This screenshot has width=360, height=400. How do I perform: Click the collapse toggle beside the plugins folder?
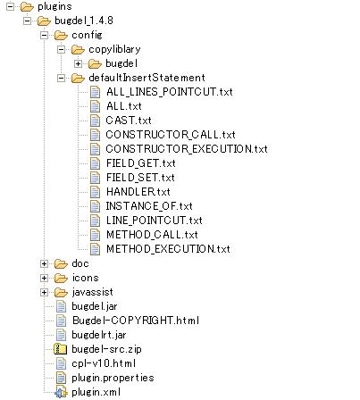[x=10, y=6]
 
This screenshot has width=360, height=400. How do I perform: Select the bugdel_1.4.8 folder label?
[x=84, y=21]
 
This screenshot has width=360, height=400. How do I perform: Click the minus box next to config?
[x=44, y=35]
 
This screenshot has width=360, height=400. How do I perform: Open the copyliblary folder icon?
[x=78, y=49]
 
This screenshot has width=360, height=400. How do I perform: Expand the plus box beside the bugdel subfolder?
[x=78, y=63]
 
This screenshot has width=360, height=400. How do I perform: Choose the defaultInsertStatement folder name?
[x=147, y=78]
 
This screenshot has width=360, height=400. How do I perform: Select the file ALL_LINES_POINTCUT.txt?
[x=170, y=92]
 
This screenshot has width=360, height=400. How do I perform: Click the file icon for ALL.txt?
[x=95, y=106]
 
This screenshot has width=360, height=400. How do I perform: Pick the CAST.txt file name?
[x=129, y=121]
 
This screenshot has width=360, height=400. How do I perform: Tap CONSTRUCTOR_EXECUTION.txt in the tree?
[x=187, y=149]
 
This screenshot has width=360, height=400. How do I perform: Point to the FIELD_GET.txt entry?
[x=141, y=163]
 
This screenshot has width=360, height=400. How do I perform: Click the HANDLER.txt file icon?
[x=95, y=192]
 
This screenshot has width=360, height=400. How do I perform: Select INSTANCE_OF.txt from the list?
[x=149, y=206]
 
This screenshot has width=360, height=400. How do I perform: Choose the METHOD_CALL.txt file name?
[x=152, y=235]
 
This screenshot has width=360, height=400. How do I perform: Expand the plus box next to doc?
[x=44, y=263]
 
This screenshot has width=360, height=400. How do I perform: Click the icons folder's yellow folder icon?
[x=61, y=278]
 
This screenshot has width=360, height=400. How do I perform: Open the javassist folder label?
[x=92, y=292]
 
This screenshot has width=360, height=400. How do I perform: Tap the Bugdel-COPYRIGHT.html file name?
[x=136, y=321]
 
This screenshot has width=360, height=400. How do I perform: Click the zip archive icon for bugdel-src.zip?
[x=61, y=349]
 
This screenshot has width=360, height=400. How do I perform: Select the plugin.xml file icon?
[x=61, y=393]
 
